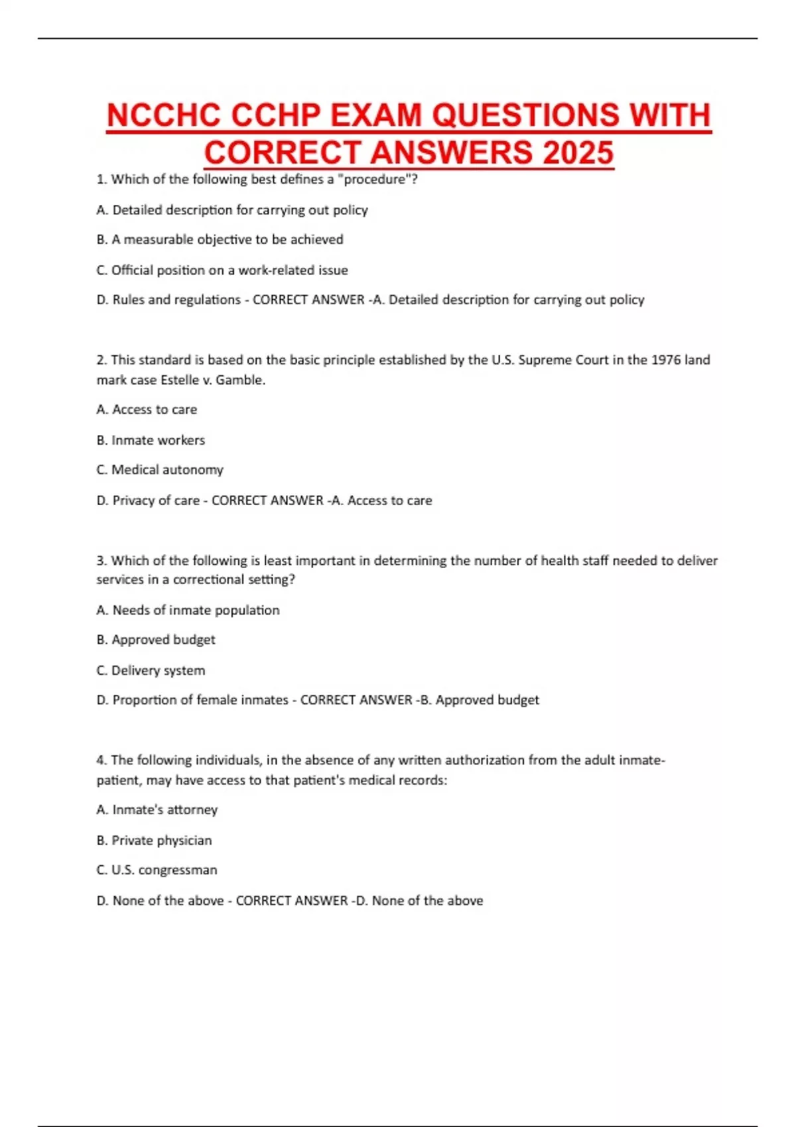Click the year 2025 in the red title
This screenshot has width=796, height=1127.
(x=578, y=153)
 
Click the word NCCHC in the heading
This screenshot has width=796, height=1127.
(x=163, y=116)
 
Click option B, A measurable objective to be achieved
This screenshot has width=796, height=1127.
(x=220, y=239)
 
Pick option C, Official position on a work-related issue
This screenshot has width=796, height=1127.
(x=222, y=270)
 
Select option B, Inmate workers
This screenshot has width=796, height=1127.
(x=151, y=440)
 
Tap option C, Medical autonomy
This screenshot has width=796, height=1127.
(x=160, y=470)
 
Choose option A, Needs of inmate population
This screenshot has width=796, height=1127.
(x=188, y=610)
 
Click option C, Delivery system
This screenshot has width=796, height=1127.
(x=151, y=670)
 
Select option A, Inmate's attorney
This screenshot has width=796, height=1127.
(x=157, y=809)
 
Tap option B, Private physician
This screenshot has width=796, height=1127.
(x=154, y=840)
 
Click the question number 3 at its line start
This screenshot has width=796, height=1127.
(x=101, y=561)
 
